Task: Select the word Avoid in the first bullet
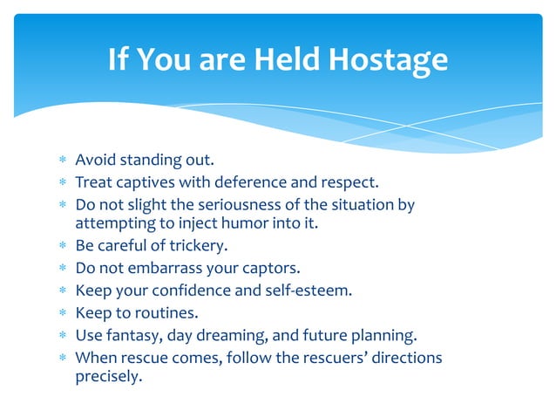(95, 161)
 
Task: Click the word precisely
(108, 379)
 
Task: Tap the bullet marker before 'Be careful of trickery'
(63, 246)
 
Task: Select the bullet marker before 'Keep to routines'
(63, 311)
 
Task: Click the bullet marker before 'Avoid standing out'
(63, 161)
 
